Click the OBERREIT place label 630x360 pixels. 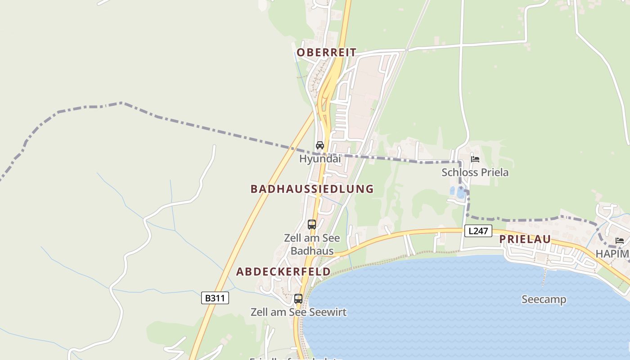pyautogui.click(x=326, y=53)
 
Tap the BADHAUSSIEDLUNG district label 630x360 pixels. pyautogui.click(x=312, y=189)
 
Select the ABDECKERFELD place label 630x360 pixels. pyautogui.click(x=283, y=272)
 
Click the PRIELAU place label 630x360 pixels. pyautogui.click(x=525, y=239)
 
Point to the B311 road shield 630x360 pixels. pyautogui.click(x=215, y=298)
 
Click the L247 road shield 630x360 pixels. pyautogui.click(x=478, y=231)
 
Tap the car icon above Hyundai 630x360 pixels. pyautogui.click(x=320, y=145)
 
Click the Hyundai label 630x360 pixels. pyautogui.click(x=320, y=159)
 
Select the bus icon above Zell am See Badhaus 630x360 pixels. pyautogui.click(x=312, y=224)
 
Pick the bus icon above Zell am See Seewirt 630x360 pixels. pyautogui.click(x=298, y=298)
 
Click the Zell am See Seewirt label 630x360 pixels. pyautogui.click(x=298, y=312)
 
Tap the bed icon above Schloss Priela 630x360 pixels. pyautogui.click(x=475, y=159)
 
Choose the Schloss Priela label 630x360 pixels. pyautogui.click(x=475, y=172)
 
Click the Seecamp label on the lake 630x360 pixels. pyautogui.click(x=544, y=299)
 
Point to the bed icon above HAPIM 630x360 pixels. pyautogui.click(x=620, y=241)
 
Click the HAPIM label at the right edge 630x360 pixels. pyautogui.click(x=612, y=254)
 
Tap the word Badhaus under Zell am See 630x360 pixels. pyautogui.click(x=312, y=251)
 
